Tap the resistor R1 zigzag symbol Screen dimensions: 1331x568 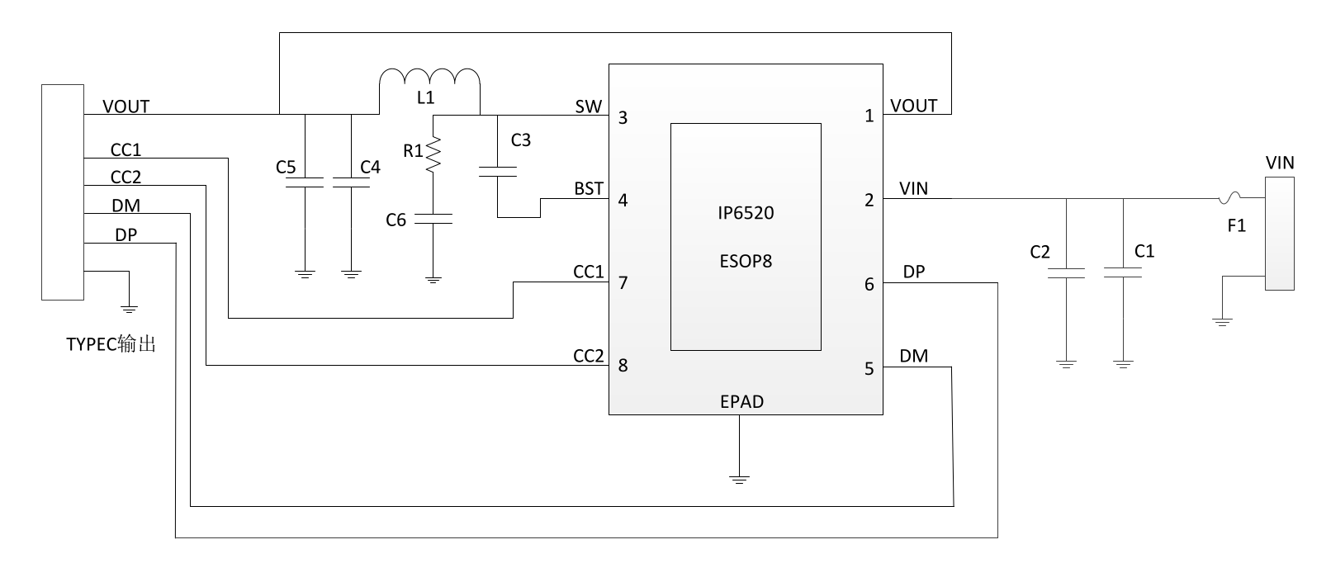(433, 154)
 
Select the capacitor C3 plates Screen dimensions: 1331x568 (497, 172)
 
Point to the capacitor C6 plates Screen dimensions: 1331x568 (433, 219)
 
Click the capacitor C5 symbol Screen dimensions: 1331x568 (305, 182)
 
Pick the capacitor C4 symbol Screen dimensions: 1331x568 (351, 182)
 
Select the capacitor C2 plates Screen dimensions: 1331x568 (1066, 273)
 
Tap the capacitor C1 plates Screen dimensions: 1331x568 (1122, 272)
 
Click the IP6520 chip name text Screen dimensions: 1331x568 (746, 213)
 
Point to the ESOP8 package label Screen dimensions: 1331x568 (746, 262)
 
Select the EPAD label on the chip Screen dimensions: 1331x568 (741, 401)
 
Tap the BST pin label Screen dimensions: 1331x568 (588, 188)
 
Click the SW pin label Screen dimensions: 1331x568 (588, 106)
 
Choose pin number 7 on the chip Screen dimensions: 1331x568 (623, 283)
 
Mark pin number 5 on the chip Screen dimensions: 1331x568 (869, 369)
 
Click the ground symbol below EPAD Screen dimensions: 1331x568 (739, 479)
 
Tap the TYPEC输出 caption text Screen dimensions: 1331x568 (111, 344)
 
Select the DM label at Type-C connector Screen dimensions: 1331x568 (126, 206)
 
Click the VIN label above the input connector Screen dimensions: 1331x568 (1280, 163)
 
